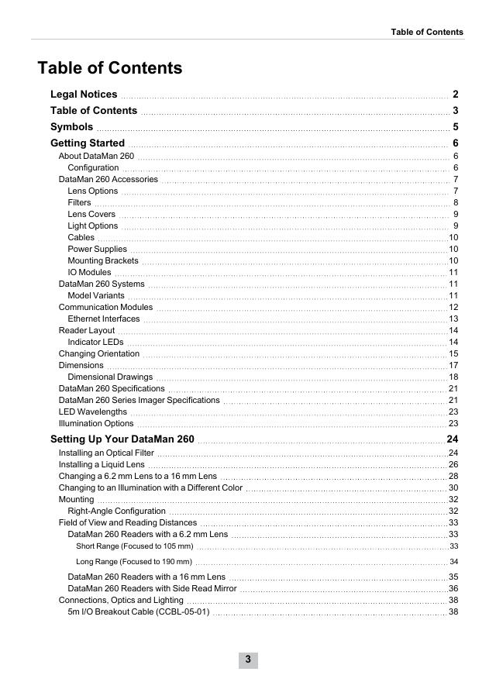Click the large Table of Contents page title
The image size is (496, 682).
110,68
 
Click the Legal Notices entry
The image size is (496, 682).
84,95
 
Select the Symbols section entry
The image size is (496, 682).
71,127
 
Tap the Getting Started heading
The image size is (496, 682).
88,143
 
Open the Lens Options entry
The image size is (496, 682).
93,191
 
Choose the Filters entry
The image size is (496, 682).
79,202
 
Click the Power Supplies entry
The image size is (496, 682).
97,249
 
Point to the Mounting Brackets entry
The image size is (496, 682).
102,260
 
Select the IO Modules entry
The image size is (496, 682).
89,272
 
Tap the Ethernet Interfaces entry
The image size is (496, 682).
104,319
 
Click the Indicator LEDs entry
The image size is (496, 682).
95,342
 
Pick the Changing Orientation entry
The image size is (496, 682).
99,353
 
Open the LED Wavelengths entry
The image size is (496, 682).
93,412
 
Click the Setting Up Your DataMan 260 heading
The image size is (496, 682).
122,439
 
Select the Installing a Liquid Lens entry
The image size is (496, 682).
102,464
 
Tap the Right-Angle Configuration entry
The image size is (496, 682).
117,511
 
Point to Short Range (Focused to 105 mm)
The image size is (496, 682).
135,546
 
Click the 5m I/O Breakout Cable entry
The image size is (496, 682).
139,611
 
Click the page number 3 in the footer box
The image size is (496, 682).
248,660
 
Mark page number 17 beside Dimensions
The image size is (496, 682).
453,365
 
